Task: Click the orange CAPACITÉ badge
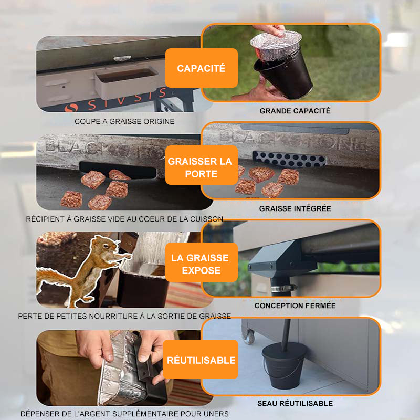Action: (x=202, y=68)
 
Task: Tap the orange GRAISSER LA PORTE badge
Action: (x=202, y=165)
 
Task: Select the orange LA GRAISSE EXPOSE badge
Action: (x=202, y=262)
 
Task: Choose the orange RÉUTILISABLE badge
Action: (x=201, y=360)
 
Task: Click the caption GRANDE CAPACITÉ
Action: (x=295, y=111)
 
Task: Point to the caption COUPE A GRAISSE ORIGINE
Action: (x=124, y=122)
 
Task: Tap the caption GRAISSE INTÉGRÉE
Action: (x=295, y=208)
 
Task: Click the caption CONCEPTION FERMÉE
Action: (x=295, y=306)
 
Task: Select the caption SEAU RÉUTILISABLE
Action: (x=295, y=403)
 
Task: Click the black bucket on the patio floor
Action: (x=285, y=365)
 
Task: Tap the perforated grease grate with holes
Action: (x=290, y=159)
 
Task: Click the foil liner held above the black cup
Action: (x=276, y=46)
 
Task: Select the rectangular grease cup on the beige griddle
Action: (x=126, y=82)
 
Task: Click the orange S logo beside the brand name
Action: (x=71, y=108)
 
